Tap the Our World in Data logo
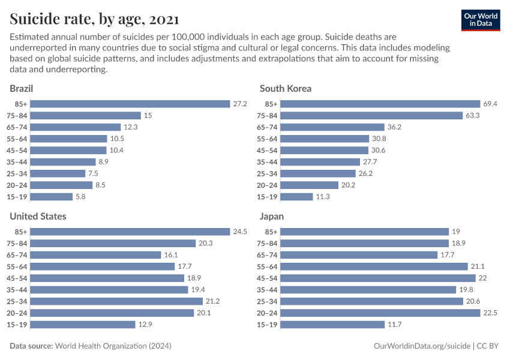coord(480,20)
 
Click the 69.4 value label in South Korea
coord(490,104)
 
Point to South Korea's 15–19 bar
coord(296,197)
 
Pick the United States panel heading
coord(38,216)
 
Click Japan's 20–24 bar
coord(380,313)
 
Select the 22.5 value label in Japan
coord(490,313)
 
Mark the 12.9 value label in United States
coord(145,325)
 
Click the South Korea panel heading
coord(286,88)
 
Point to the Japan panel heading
coord(272,216)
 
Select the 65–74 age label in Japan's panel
coord(266,255)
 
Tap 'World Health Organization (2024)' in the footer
coord(113,346)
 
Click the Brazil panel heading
coord(21,88)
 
